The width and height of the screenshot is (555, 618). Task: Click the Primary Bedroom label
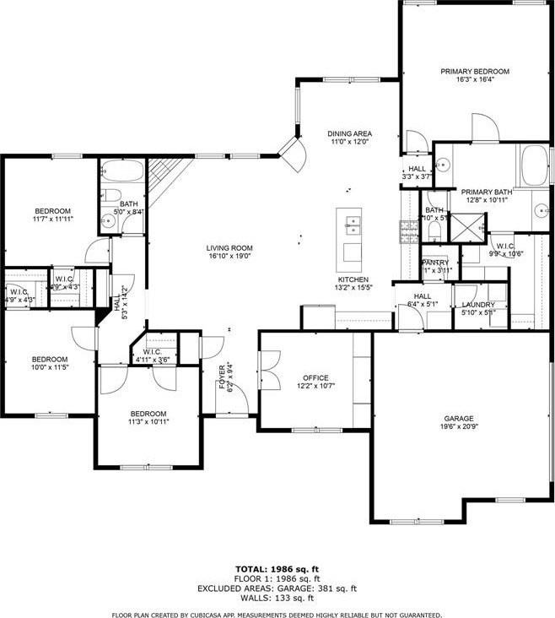(x=475, y=72)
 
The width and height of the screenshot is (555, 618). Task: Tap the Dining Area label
(x=350, y=134)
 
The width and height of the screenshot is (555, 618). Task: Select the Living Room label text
(x=229, y=248)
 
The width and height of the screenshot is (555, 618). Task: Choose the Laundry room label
(x=478, y=304)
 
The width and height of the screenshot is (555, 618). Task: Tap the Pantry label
(x=435, y=263)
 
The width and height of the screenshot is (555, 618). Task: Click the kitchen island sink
(x=351, y=225)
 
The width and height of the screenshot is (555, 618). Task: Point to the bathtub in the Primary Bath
(x=534, y=165)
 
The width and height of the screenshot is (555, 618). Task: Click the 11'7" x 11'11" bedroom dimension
(x=52, y=220)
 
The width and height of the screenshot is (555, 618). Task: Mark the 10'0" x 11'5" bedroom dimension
(x=50, y=366)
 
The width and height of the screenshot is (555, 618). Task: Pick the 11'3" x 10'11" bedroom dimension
(x=148, y=422)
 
